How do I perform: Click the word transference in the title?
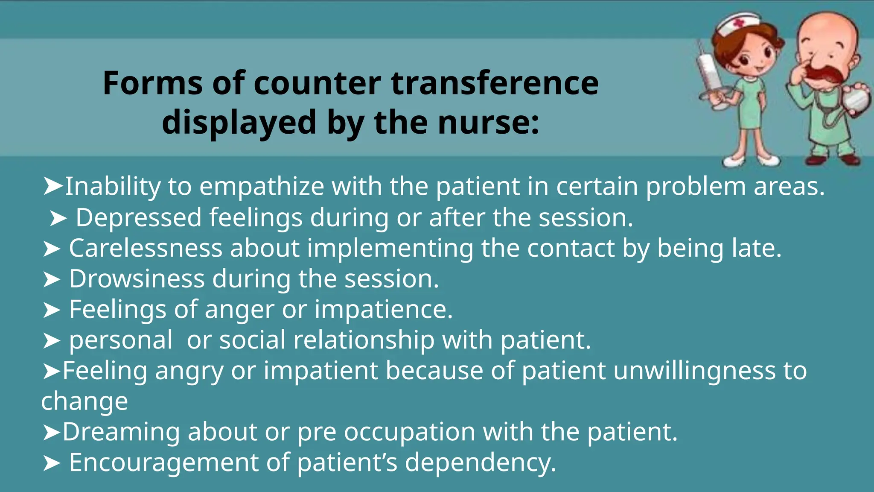(x=495, y=83)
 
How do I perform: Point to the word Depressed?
(x=139, y=218)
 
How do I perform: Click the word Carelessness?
(x=146, y=248)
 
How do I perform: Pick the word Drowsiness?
(x=137, y=279)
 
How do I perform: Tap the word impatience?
(x=383, y=310)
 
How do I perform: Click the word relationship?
(x=364, y=340)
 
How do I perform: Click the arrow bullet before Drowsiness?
(x=52, y=280)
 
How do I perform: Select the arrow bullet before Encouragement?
(x=52, y=463)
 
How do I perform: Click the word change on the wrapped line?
(x=84, y=401)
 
